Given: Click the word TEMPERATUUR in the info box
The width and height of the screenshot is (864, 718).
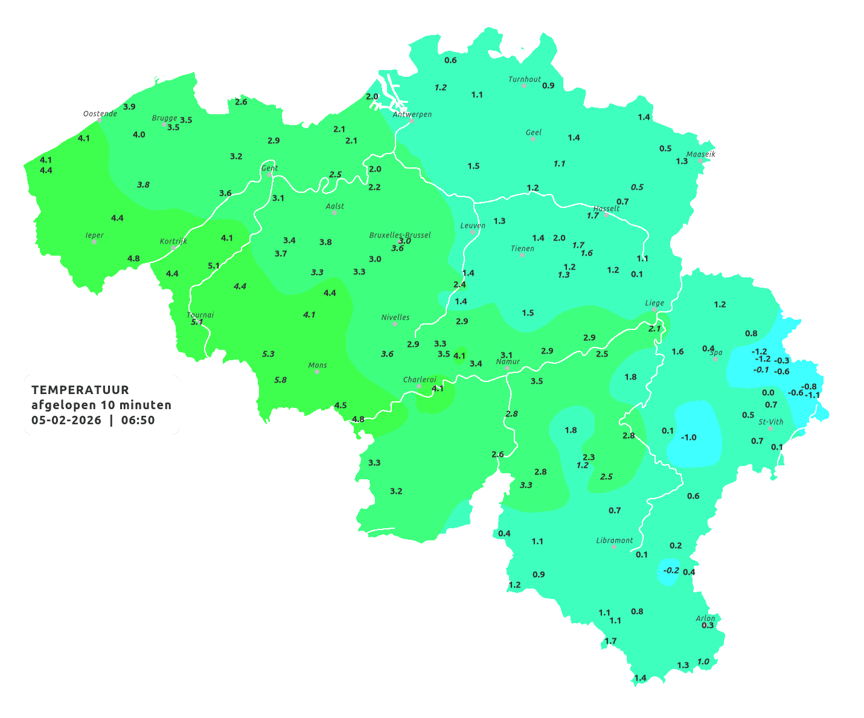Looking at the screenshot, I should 80,390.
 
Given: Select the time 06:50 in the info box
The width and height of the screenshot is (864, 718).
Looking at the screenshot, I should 138,420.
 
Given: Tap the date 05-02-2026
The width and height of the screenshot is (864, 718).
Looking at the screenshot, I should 66,420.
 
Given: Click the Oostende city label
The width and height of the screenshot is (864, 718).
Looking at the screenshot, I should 100,114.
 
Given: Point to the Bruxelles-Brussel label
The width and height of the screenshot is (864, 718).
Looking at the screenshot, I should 400,234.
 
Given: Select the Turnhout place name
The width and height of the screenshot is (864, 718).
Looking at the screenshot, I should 524,79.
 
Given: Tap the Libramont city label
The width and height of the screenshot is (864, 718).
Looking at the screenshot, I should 614,540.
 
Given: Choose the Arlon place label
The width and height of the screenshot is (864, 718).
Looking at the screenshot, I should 705,618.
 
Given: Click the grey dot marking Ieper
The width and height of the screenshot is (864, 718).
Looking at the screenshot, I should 94,242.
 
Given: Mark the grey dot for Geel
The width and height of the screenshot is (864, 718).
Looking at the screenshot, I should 533,139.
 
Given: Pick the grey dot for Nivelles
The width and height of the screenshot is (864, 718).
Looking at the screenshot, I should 395,324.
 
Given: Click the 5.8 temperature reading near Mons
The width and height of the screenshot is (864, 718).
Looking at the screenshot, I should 280,380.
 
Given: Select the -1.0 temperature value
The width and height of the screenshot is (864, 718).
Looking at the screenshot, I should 688,437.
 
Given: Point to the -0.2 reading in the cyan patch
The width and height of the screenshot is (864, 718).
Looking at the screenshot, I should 671,570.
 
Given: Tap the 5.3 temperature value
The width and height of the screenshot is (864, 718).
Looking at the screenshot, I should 268,354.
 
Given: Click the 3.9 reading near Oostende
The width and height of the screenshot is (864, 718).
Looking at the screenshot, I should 129,106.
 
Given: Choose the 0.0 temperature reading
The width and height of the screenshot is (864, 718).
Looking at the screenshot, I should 767,392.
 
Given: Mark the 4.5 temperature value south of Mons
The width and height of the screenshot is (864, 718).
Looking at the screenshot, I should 341,405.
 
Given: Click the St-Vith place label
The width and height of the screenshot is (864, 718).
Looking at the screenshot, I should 770,422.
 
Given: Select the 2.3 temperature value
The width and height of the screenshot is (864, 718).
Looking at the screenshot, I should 589,457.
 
